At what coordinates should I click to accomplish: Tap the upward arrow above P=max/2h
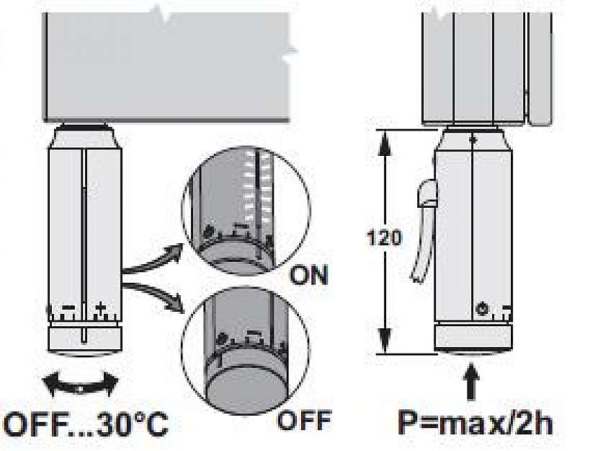coord(471,381)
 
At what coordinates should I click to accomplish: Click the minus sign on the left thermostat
coord(70,308)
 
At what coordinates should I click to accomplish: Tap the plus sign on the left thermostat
coord(100,308)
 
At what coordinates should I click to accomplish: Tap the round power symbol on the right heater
coord(481,311)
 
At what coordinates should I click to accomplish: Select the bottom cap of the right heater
coord(473,337)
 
